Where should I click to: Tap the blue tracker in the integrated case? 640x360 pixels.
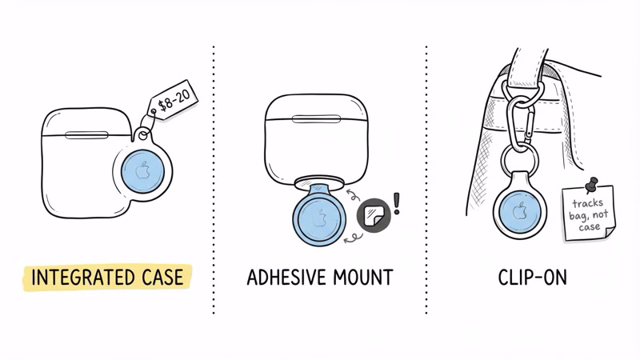point(142,171)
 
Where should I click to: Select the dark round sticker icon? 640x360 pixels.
point(373,214)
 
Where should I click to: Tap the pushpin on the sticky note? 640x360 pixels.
point(593,186)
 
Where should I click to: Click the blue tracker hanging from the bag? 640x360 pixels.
point(519,213)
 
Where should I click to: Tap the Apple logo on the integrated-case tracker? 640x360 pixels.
point(142,170)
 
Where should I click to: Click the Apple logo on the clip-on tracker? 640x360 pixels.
point(519,212)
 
